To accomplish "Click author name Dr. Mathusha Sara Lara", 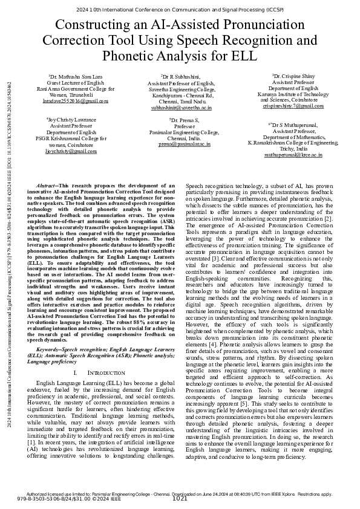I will [x=76, y=78].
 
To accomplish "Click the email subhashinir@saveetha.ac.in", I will [x=180, y=107].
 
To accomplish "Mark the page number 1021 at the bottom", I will [x=180, y=499].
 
